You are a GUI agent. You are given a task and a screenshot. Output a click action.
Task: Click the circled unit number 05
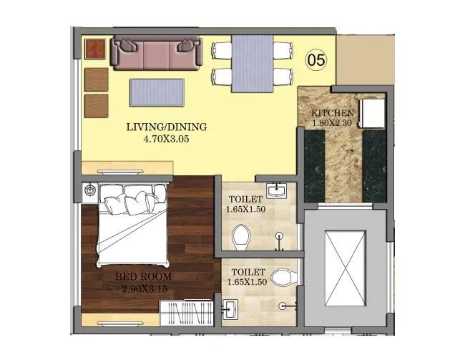(316, 60)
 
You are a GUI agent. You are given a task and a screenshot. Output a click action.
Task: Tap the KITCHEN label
(332, 114)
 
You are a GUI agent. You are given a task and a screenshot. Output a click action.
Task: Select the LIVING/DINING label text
(166, 127)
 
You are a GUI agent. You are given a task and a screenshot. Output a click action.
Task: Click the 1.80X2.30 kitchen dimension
(332, 124)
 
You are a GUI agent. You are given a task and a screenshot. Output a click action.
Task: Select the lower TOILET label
(247, 273)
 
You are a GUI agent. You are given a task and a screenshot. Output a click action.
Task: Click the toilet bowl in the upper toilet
(242, 235)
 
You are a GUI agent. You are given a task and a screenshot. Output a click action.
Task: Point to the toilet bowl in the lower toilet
(284, 276)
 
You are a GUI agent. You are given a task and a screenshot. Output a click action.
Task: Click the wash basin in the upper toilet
(276, 190)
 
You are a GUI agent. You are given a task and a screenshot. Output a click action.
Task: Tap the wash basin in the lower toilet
(230, 309)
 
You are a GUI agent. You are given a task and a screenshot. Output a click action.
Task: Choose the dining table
(252, 63)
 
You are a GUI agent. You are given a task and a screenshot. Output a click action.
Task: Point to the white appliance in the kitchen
(372, 113)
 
